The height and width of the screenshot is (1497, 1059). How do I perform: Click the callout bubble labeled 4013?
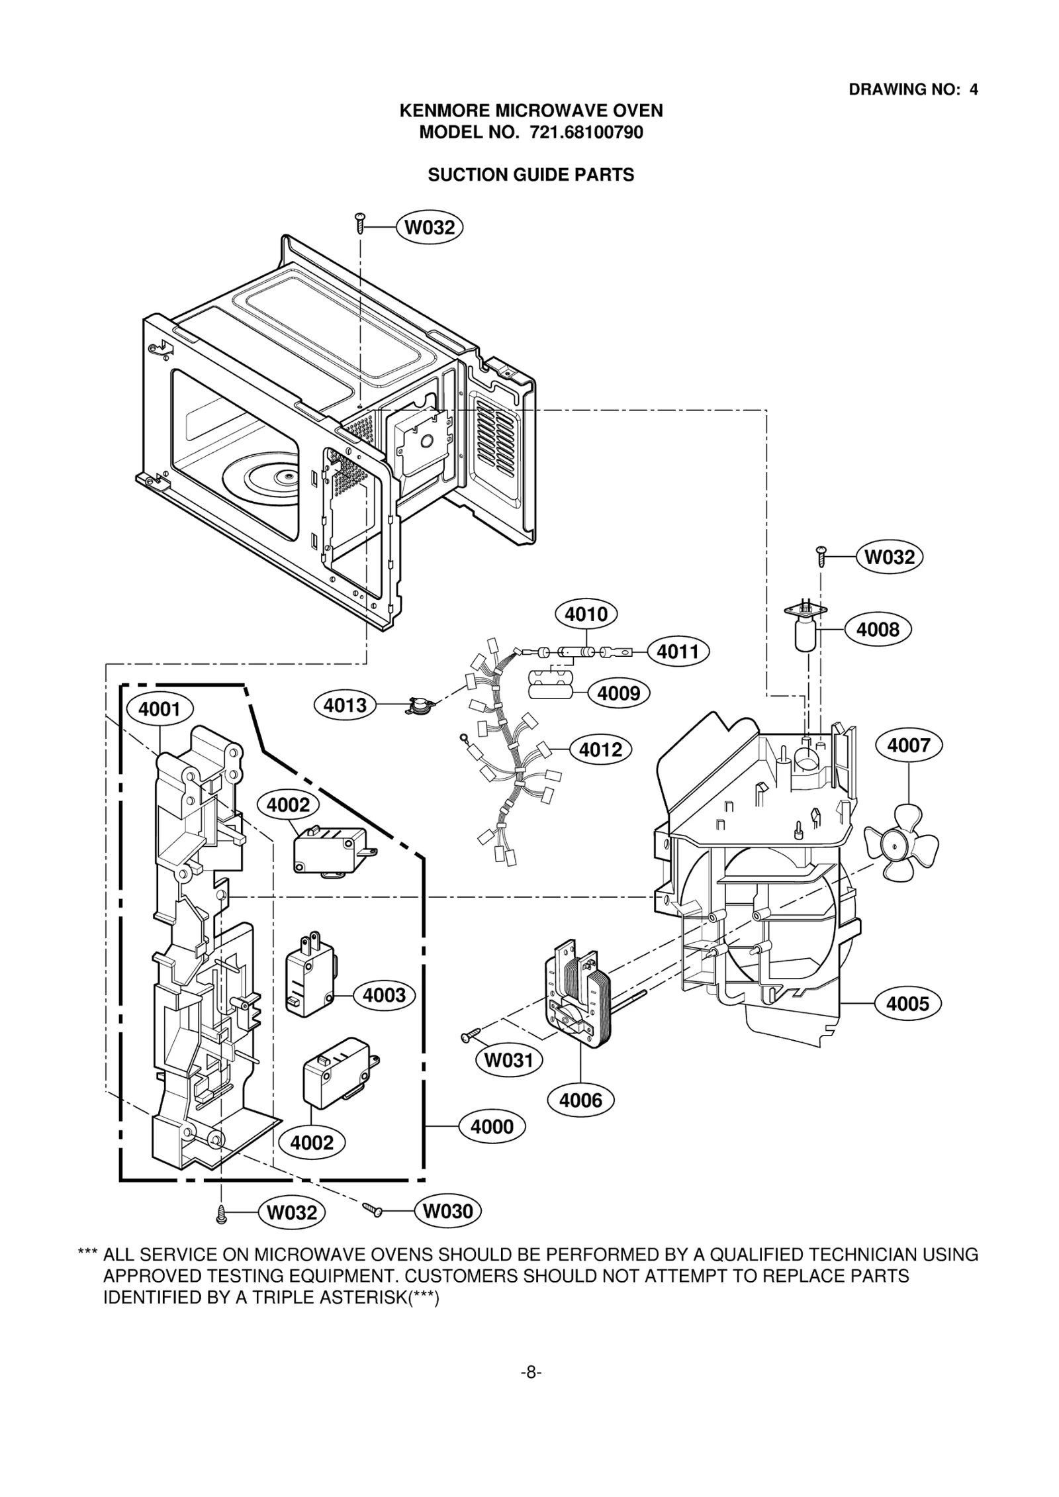[345, 705]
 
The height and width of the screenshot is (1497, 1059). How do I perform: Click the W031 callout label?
[508, 1060]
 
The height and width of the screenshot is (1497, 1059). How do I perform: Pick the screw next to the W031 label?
[473, 1035]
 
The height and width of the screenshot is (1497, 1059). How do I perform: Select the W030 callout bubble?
[447, 1211]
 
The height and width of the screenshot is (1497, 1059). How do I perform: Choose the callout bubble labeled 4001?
[160, 709]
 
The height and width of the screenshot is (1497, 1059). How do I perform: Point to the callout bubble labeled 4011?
[678, 652]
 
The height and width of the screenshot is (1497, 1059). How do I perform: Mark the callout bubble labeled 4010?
[586, 614]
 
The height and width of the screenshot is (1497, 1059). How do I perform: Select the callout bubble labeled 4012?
[600, 749]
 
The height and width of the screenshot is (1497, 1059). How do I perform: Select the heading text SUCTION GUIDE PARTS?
[531, 175]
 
